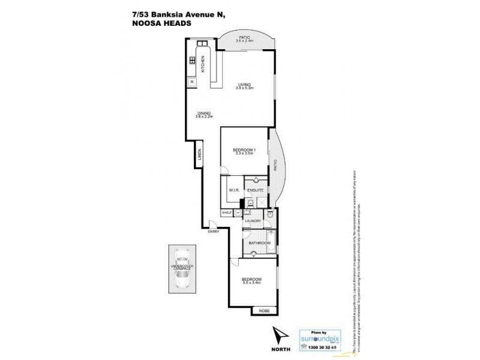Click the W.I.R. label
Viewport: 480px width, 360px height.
[234, 190]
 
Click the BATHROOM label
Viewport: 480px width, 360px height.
[258, 243]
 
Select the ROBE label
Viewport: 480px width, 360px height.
[264, 310]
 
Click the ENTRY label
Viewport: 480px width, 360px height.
[214, 231]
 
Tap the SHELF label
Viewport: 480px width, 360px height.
[227, 212]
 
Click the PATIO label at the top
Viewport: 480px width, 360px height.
[244, 37]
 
